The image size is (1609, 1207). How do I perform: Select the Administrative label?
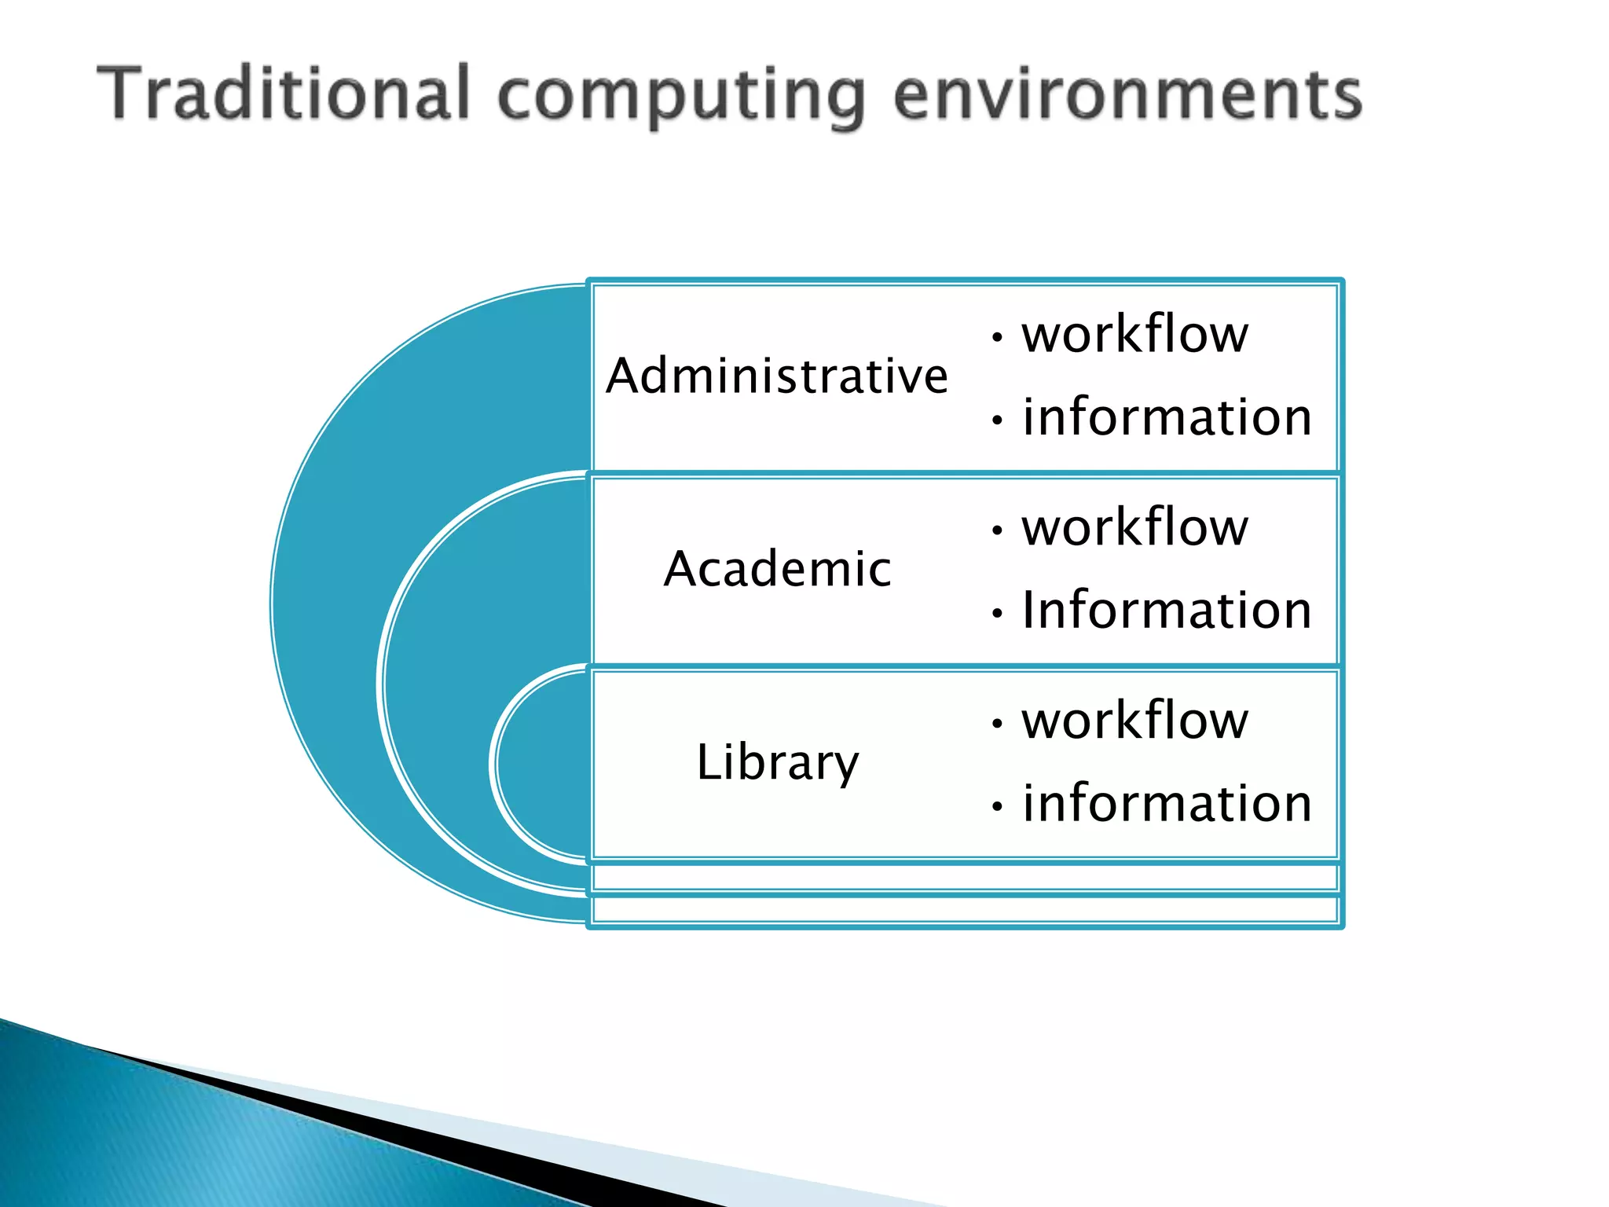tap(777, 376)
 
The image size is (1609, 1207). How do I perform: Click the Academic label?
tap(777, 568)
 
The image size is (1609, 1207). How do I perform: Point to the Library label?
tap(777, 761)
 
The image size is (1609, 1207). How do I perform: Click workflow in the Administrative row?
tap(1134, 334)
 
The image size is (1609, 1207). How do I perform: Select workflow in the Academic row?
tap(1134, 526)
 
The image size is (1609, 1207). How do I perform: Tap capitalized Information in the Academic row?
tap(1167, 610)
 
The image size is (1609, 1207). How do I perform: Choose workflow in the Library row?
tap(1134, 720)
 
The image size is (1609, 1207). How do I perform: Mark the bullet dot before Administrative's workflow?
tap(997, 338)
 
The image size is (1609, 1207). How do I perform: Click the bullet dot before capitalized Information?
tap(997, 613)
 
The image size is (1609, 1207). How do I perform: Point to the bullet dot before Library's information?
tap(997, 806)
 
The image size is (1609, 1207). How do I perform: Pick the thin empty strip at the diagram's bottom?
tap(965, 910)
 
